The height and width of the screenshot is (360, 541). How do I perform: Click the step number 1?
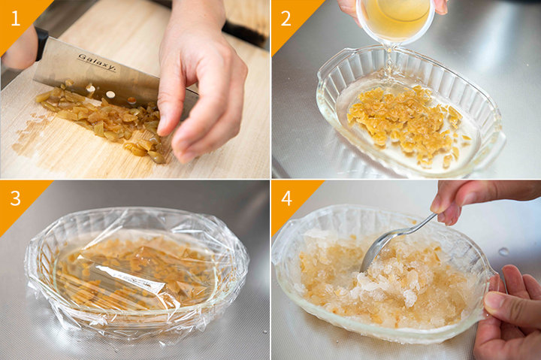(16, 18)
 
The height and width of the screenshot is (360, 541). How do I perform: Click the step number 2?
(286, 18)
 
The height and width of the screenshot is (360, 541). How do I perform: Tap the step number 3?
(16, 198)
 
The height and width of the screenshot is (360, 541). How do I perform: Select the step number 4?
(287, 198)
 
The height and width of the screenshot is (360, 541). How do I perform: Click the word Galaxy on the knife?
(97, 62)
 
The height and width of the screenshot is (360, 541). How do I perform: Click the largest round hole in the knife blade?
(110, 94)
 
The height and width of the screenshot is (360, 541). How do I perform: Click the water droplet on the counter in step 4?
(503, 252)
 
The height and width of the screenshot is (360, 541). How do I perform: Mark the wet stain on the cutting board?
(33, 133)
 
